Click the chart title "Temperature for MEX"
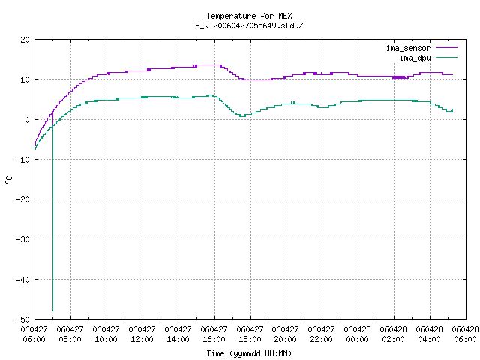[x=249, y=16]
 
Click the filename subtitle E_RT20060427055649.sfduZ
[x=249, y=25]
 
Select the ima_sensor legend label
[x=408, y=48]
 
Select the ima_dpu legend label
[x=415, y=58]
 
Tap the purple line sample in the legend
[x=447, y=48]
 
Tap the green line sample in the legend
[x=447, y=58]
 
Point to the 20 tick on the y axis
[x=25, y=40]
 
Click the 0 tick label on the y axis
[x=27, y=120]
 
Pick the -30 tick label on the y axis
[x=23, y=239]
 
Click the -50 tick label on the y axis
[x=23, y=319]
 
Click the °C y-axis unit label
[x=8, y=180]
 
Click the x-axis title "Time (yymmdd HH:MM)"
[x=249, y=353]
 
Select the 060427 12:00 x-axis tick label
[x=142, y=334]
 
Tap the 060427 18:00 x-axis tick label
[x=250, y=334]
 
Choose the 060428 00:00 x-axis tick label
[x=357, y=334]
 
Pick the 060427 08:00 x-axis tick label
[x=70, y=334]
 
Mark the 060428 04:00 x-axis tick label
[x=429, y=334]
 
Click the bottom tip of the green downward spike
[x=53, y=311]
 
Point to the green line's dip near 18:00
[x=242, y=116]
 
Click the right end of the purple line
[x=453, y=74]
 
